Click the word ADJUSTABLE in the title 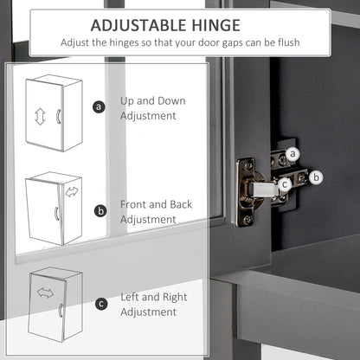click(139, 25)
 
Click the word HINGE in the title click(216, 25)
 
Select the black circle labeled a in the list click(99, 107)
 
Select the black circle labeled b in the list click(100, 211)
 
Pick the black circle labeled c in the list click(101, 304)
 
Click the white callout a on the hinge click(292, 154)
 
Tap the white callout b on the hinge click(316, 177)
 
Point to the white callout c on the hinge click(285, 184)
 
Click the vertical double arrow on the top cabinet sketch click(40, 117)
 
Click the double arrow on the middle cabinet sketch click(72, 192)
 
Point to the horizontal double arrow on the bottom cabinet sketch click(45, 293)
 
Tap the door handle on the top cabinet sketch click(58, 116)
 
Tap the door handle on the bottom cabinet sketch click(61, 310)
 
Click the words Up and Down click(153, 101)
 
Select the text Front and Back click(156, 204)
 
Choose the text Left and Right click(154, 298)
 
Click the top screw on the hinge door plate click(248, 165)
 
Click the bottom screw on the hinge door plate click(247, 220)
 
